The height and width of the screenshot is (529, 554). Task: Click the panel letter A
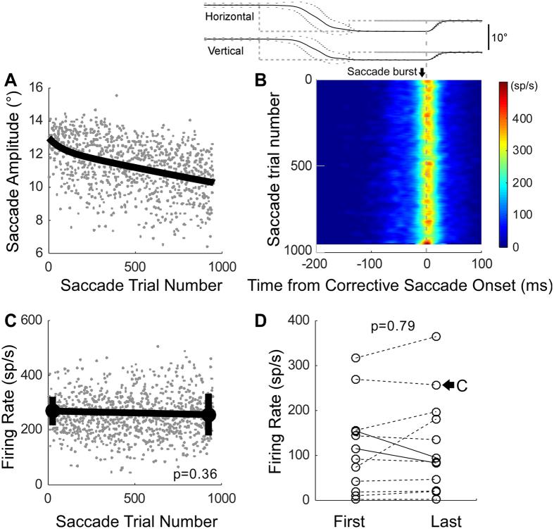point(11,81)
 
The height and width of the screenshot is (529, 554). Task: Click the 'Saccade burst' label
point(381,72)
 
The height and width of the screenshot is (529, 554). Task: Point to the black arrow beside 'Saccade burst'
point(422,73)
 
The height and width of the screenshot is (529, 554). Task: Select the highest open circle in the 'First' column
point(356,359)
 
